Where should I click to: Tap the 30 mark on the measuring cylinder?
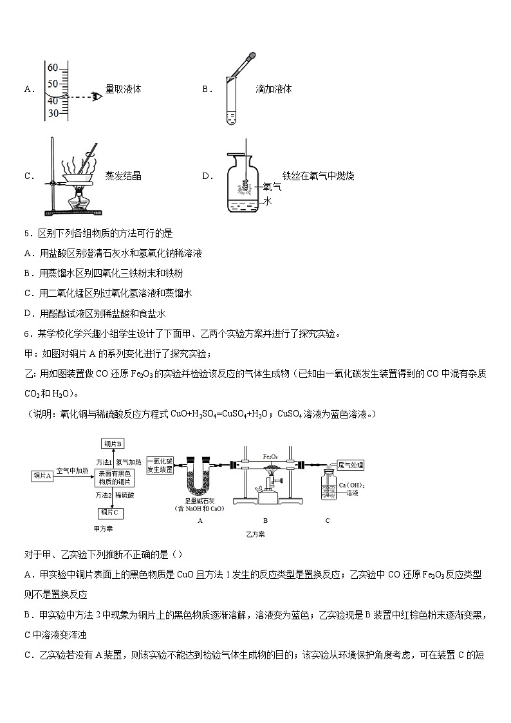click(x=53, y=113)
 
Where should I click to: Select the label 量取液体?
click(x=123, y=89)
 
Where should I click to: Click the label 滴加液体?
click(x=274, y=89)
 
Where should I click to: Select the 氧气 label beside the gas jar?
click(x=272, y=187)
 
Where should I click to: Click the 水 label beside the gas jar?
click(x=268, y=201)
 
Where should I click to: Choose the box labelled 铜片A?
click(x=42, y=475)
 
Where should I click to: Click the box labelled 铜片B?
click(x=112, y=444)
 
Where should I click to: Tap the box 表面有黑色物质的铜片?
click(x=115, y=478)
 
